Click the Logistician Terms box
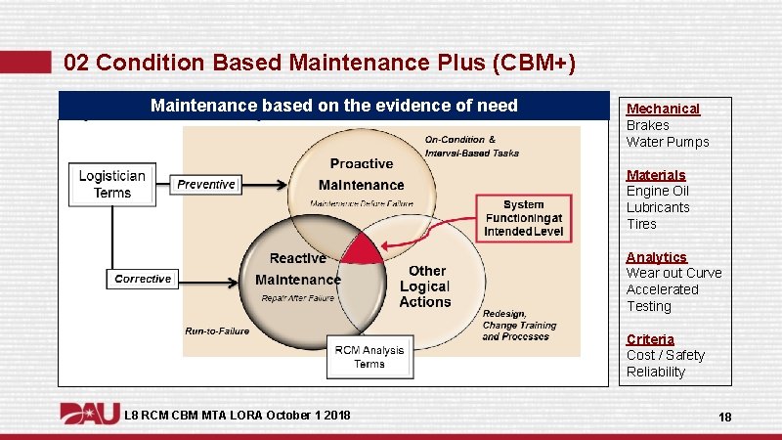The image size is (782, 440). click(x=112, y=184)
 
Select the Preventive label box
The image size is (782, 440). click(x=206, y=184)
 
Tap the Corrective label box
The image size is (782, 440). click(x=142, y=279)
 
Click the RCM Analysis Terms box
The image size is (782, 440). click(x=369, y=357)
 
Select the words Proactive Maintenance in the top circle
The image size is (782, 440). click(x=361, y=174)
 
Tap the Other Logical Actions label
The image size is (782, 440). click(x=426, y=286)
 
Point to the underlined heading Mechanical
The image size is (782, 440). click(x=663, y=109)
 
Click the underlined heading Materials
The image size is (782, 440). click(x=656, y=175)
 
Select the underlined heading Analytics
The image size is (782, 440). click(x=656, y=257)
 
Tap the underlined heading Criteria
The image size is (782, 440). click(x=650, y=339)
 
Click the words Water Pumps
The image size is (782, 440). click(x=668, y=142)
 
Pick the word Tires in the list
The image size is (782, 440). click(x=641, y=224)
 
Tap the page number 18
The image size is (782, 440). click(x=724, y=418)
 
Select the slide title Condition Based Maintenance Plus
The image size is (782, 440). click(x=319, y=64)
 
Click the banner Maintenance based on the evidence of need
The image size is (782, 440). click(x=333, y=106)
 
